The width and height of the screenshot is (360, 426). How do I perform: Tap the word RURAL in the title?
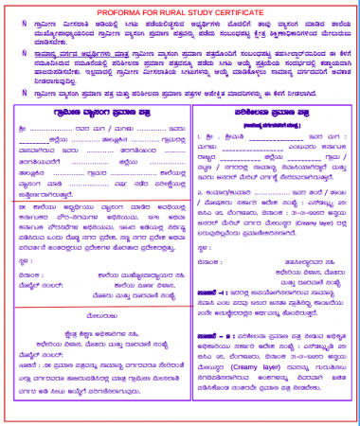[167, 9]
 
